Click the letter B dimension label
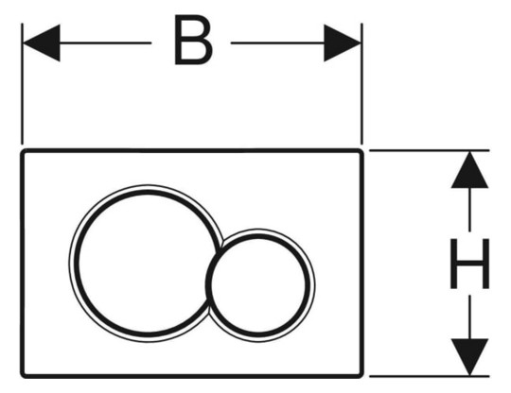coord(193,40)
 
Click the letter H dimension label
coord(469,264)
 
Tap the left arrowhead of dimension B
coord(42,43)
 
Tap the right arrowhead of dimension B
coord(343,43)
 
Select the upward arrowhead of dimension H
coord(469,170)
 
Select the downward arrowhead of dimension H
coord(469,357)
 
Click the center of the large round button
coord(147,264)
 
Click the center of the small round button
coord(258,285)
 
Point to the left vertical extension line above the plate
coord(22,84)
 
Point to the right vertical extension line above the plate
coord(361,84)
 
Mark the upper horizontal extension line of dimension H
coord(430,150)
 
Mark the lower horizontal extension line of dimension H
coord(430,376)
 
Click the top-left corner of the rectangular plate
coord(22,150)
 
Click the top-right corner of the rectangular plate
coord(361,150)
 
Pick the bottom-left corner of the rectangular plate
coord(22,376)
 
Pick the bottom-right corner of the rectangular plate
coord(361,376)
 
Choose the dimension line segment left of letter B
coord(105,43)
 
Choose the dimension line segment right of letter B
coord(277,43)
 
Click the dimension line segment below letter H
coord(469,317)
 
